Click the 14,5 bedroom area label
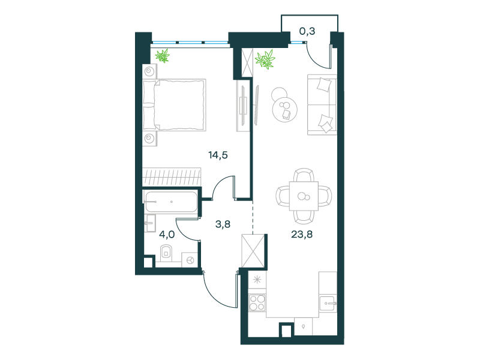[x=218, y=155]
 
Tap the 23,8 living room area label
[x=302, y=235]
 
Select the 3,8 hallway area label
[x=223, y=224]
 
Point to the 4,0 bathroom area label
[x=167, y=235]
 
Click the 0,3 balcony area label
[x=307, y=31]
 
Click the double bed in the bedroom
[x=174, y=105]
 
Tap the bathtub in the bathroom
[x=171, y=202]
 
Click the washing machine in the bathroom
[x=190, y=260]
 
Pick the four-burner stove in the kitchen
[x=257, y=302]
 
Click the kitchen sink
[x=328, y=304]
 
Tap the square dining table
[x=304, y=196]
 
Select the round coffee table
[x=285, y=110]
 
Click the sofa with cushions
[x=322, y=104]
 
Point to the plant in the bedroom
[x=162, y=56]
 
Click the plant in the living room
[x=265, y=59]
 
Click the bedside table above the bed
[x=149, y=71]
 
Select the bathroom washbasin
[x=149, y=223]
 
